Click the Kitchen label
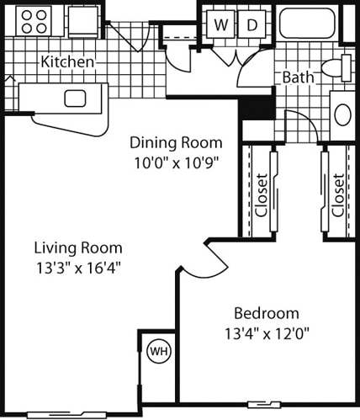tap(67, 61)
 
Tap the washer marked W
tap(220, 24)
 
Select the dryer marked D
tap(251, 24)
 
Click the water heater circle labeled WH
tap(157, 349)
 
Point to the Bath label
tap(298, 77)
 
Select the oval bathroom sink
tap(344, 114)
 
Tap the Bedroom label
tap(266, 311)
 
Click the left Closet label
tap(262, 195)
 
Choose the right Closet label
tap(337, 195)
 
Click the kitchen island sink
tap(75, 98)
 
